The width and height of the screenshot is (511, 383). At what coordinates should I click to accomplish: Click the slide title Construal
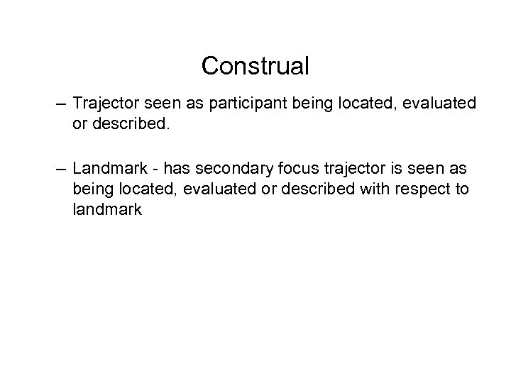pos(255,67)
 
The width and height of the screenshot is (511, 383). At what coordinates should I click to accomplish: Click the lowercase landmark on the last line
pos(107,211)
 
